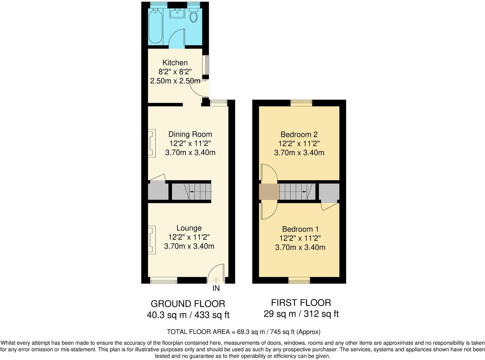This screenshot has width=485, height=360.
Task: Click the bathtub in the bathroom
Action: (x=156, y=26)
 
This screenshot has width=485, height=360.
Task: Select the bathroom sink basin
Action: (x=177, y=13)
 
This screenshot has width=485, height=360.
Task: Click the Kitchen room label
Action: (x=175, y=63)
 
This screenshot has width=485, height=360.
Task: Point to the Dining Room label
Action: (x=190, y=134)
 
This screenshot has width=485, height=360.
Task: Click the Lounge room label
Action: (x=189, y=228)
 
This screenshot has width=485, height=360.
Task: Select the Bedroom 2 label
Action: (x=299, y=134)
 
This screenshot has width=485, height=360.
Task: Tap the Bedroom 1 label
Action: (x=300, y=229)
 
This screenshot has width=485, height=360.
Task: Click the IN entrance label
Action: (x=216, y=288)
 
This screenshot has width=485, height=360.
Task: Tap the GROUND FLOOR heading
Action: (x=188, y=304)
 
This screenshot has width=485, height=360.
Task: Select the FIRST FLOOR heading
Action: (x=301, y=303)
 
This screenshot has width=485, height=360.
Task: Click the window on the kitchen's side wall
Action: (x=206, y=65)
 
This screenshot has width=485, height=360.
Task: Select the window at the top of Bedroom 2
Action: (x=301, y=103)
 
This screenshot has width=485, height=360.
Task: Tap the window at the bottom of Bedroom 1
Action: (x=299, y=281)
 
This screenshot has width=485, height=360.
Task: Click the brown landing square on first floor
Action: (x=269, y=192)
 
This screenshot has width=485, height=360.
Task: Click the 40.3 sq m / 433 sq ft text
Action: (x=188, y=315)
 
